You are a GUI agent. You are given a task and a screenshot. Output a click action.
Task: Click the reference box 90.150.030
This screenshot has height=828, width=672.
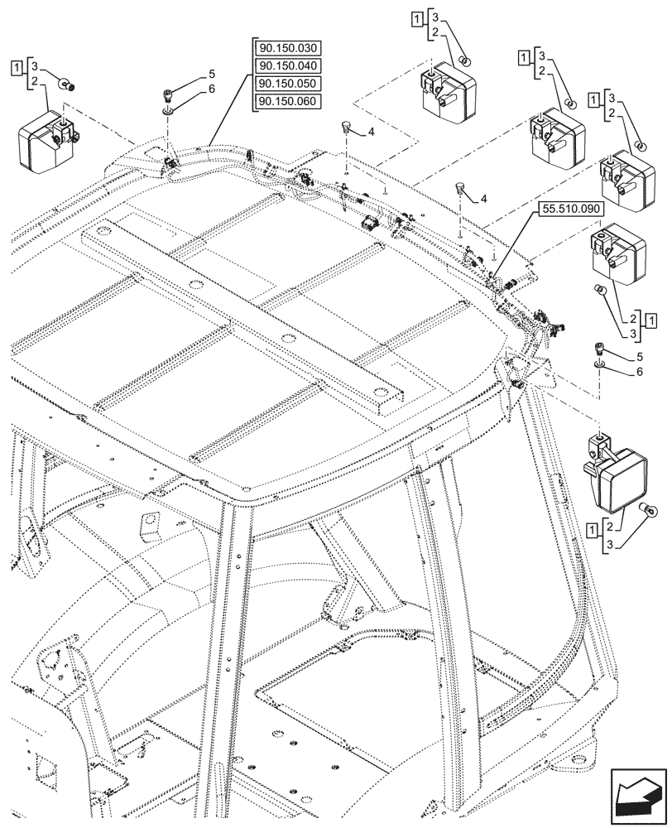(288, 48)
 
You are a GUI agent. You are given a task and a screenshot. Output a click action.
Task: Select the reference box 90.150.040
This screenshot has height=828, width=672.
(288, 66)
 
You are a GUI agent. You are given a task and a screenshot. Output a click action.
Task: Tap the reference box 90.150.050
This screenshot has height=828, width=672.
(288, 84)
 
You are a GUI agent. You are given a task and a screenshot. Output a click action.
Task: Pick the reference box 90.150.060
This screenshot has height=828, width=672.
(288, 101)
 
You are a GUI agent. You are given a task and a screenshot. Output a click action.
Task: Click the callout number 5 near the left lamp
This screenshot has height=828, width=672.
(212, 74)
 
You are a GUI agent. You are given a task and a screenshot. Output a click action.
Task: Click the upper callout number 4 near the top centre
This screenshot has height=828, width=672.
(372, 132)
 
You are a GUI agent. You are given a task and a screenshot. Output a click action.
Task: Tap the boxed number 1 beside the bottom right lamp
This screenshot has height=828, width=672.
(593, 527)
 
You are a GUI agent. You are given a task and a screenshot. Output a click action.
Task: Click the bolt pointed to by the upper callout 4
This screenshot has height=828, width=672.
(346, 128)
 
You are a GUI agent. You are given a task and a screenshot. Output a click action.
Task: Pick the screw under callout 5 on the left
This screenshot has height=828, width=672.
(169, 94)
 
